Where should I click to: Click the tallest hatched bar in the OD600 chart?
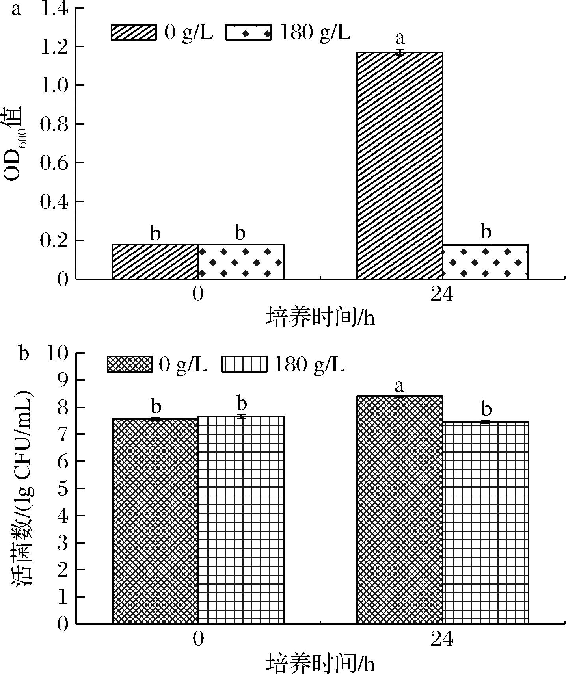400,165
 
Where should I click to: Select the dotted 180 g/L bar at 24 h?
486,262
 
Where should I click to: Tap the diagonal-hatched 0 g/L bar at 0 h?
155,262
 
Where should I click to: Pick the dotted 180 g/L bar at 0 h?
241,262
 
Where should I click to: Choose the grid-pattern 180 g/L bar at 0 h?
241,520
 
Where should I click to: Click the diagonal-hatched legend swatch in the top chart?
134,32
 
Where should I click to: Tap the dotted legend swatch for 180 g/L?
248,32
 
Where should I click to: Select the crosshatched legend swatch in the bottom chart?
129,364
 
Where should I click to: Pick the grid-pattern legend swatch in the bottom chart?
244,364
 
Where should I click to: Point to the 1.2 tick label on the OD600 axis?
54,46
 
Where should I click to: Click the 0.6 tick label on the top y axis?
54,163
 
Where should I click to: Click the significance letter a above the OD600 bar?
400,39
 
